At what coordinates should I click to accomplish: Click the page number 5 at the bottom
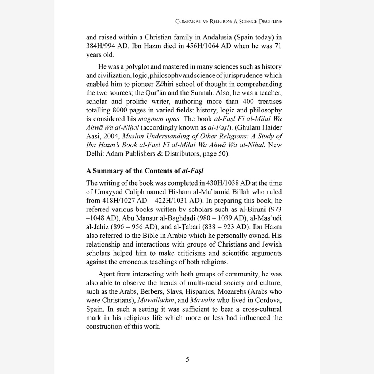pyautogui.click(x=187, y=359)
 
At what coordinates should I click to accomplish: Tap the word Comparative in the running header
pyautogui.click(x=193, y=21)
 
